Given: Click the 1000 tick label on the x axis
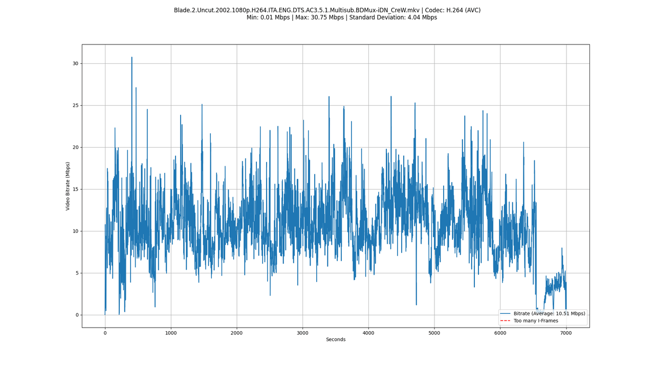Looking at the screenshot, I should click(x=171, y=333).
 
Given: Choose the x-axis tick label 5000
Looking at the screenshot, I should click(x=434, y=333).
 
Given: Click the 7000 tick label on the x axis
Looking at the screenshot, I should click(x=565, y=333).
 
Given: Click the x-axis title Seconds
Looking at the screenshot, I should click(x=336, y=339).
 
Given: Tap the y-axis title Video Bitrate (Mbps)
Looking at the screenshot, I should click(x=68, y=186).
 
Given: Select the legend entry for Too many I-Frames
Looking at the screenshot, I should click(x=536, y=321).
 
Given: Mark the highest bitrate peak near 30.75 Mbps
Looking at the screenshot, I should click(x=132, y=57).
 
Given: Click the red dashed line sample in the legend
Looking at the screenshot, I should click(x=506, y=321).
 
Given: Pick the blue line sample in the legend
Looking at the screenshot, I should click(x=506, y=313).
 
